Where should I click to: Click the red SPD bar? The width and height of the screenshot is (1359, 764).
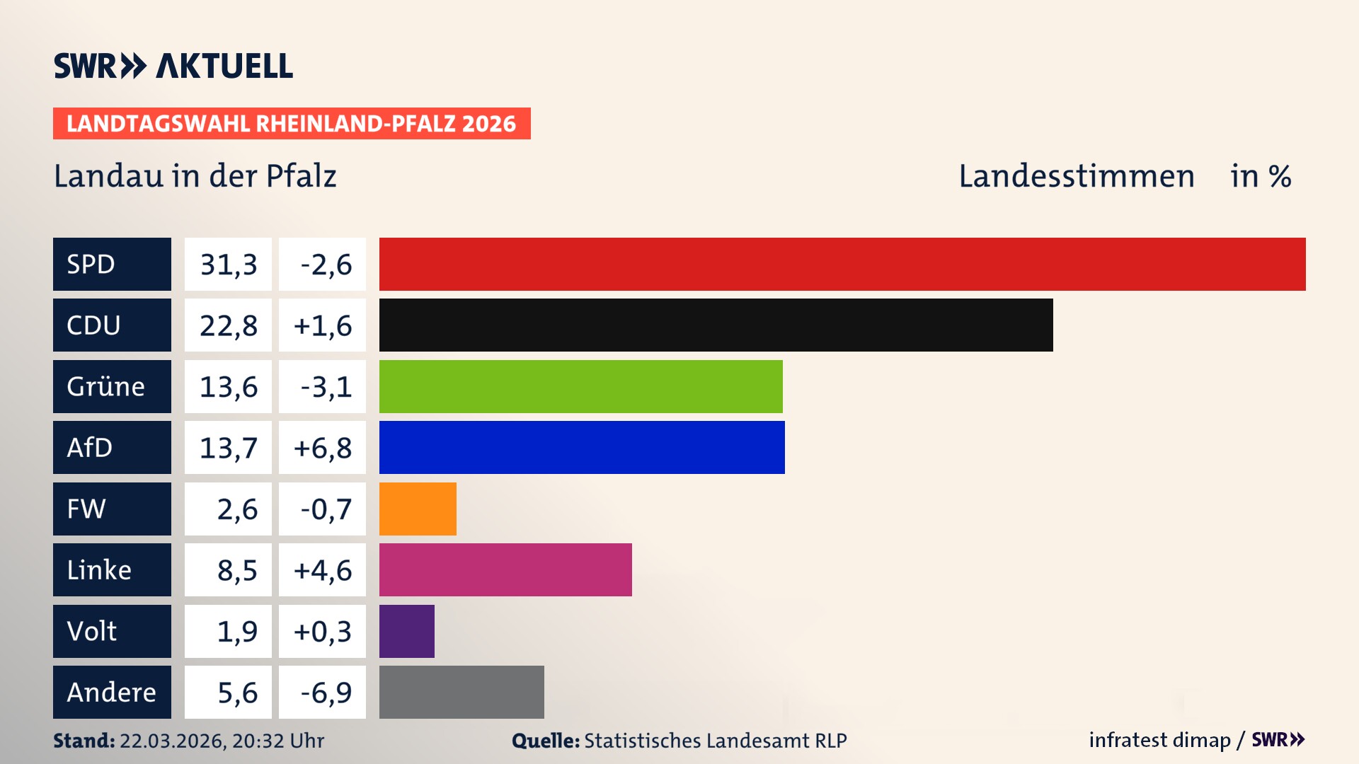click(842, 264)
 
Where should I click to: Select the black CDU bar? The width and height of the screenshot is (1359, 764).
click(716, 325)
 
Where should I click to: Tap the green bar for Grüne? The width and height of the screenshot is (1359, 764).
click(580, 386)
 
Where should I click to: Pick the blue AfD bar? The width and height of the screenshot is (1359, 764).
click(582, 447)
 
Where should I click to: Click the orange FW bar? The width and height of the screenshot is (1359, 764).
click(418, 509)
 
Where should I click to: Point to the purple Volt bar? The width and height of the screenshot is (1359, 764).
click(406, 631)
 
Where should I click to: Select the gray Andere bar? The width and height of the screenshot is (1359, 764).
click(461, 692)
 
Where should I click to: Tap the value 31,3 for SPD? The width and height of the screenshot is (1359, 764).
click(228, 265)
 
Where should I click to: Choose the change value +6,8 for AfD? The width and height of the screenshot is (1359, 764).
click(323, 448)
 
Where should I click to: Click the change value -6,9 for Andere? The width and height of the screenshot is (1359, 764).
click(326, 693)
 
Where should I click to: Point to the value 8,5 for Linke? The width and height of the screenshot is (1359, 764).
click(236, 570)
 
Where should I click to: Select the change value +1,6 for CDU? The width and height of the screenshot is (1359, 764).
click(323, 325)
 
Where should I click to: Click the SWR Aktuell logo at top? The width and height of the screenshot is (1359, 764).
click(173, 66)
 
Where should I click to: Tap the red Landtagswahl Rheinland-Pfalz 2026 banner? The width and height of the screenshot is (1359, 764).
click(291, 123)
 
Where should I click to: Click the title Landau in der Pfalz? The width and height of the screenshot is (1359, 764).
click(195, 176)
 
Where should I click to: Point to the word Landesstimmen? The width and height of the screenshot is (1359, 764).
click(1076, 176)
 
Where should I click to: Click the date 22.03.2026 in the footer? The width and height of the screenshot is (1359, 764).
click(172, 741)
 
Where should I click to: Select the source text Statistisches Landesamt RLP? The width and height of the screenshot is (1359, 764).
click(715, 741)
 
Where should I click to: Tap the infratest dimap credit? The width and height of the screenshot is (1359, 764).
click(1159, 740)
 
